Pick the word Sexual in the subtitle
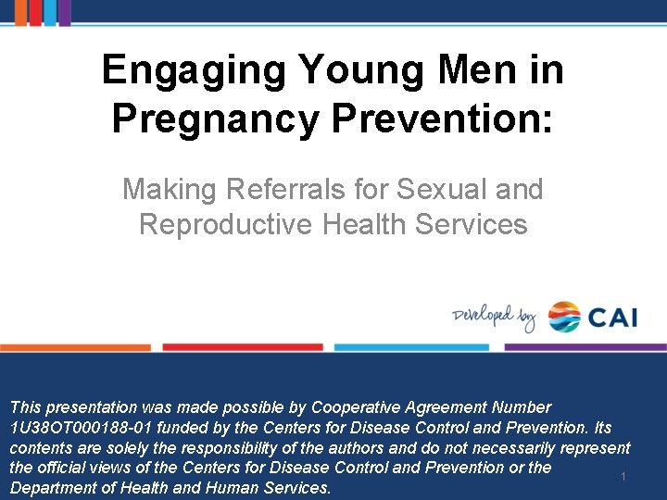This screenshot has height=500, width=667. pyautogui.click(x=440, y=190)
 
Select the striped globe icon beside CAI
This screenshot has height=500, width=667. pyautogui.click(x=564, y=317)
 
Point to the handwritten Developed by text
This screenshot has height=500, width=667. pyautogui.click(x=494, y=318)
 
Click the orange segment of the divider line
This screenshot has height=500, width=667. pyautogui.click(x=75, y=347)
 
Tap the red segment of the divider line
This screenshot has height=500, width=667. pyautogui.click(x=243, y=347)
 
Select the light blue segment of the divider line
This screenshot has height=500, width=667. pyautogui.click(x=411, y=347)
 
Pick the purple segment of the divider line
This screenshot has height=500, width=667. pyautogui.click(x=586, y=347)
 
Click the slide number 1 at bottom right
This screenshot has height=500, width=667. pyautogui.click(x=623, y=477)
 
